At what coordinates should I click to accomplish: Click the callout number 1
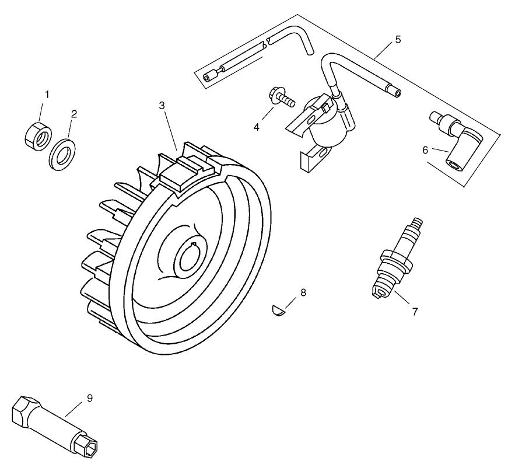tap(47, 93)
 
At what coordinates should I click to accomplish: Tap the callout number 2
tap(74, 114)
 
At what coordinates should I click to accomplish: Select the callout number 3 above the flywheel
tap(162, 105)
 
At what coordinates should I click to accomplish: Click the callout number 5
tap(398, 40)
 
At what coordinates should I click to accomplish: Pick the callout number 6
tap(425, 149)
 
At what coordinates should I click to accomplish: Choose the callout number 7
tap(415, 311)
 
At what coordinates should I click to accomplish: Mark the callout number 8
tap(303, 292)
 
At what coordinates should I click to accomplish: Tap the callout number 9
tap(89, 398)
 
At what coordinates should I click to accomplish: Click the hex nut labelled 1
tap(36, 135)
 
